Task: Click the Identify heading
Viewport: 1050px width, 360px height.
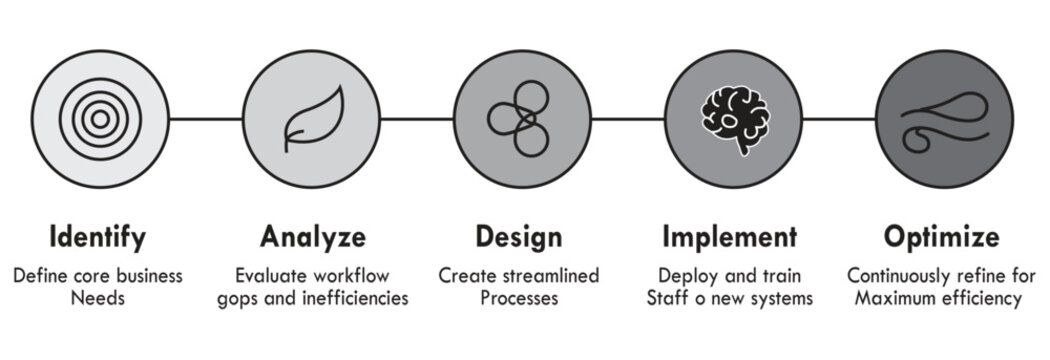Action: [x=98, y=237]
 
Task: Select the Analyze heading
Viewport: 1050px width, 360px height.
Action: [x=312, y=237]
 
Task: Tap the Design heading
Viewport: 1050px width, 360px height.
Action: [x=518, y=237]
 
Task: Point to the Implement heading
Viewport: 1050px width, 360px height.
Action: [x=730, y=237]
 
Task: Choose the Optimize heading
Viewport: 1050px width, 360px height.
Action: [x=941, y=237]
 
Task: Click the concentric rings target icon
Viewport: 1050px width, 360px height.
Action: [x=98, y=118]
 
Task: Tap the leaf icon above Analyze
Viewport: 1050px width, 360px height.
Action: [x=312, y=119]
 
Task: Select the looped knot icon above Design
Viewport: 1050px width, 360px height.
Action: [x=518, y=119]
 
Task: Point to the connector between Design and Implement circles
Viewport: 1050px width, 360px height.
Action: [x=624, y=118]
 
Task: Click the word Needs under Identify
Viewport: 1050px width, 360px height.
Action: [x=98, y=299]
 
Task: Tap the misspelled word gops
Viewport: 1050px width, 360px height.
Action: [x=237, y=299]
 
